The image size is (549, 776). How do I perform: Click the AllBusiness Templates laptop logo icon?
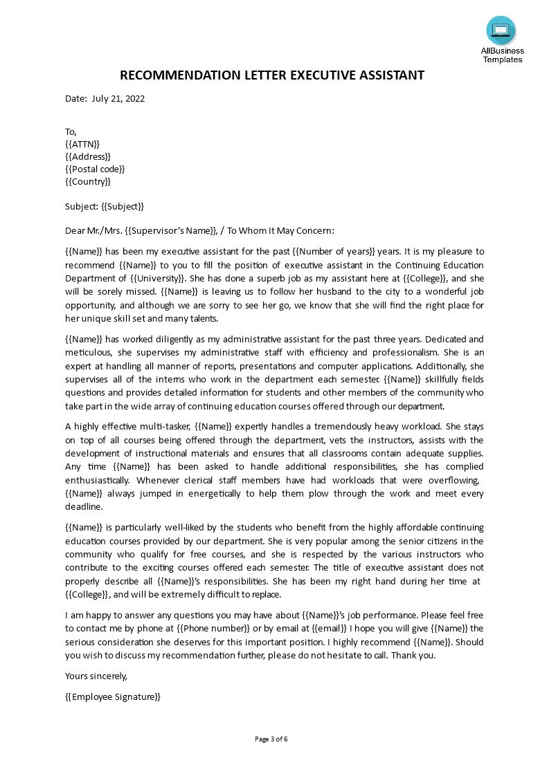coord(501,30)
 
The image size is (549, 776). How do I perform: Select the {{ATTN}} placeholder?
coord(82,144)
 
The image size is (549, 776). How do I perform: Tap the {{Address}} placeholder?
coord(87,156)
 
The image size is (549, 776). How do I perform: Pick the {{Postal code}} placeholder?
coord(95,169)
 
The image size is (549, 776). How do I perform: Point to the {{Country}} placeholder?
coord(87,181)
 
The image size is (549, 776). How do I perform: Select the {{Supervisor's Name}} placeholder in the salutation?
coord(171,231)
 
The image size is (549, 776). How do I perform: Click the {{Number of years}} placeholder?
coord(336,252)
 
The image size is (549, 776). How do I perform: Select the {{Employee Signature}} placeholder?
coord(112,696)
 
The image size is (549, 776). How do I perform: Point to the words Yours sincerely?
coord(96,676)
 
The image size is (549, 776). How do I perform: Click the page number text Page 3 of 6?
coord(271,739)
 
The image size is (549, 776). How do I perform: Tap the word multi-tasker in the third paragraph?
coord(165,427)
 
